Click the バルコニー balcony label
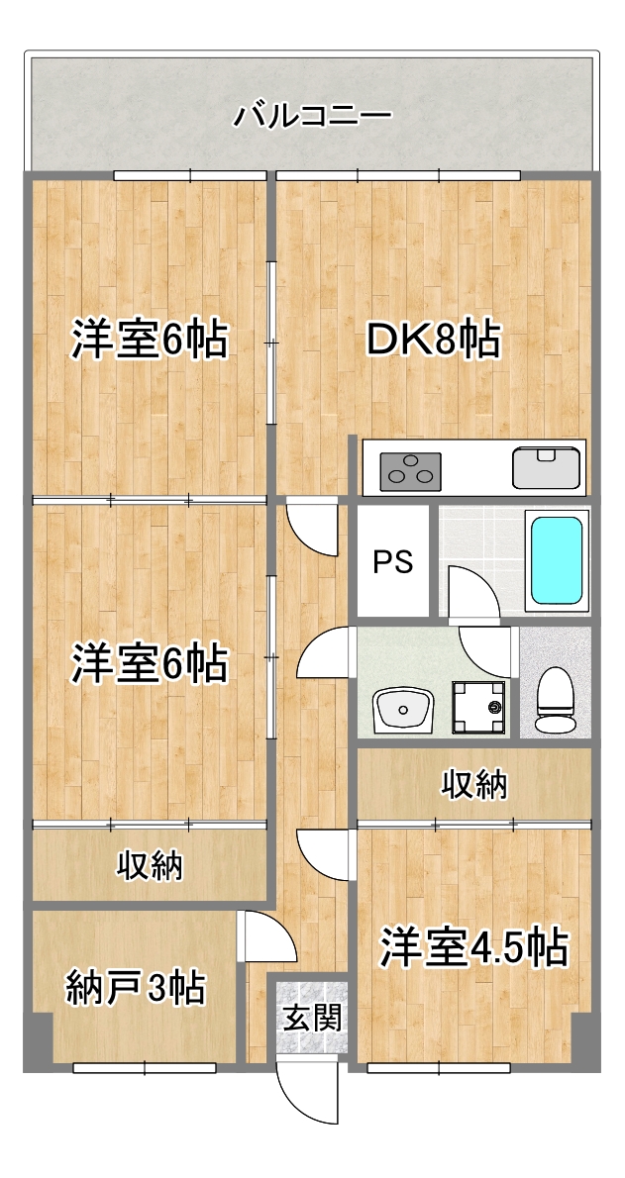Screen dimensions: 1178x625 (x=312, y=116)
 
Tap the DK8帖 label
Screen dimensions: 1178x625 (x=433, y=342)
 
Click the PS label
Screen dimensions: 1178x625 (x=392, y=561)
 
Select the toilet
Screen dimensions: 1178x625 (x=555, y=700)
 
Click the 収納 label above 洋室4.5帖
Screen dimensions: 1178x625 (x=474, y=785)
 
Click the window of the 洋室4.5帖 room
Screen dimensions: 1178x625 (x=439, y=1068)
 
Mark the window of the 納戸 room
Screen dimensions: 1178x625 (x=145, y=1068)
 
